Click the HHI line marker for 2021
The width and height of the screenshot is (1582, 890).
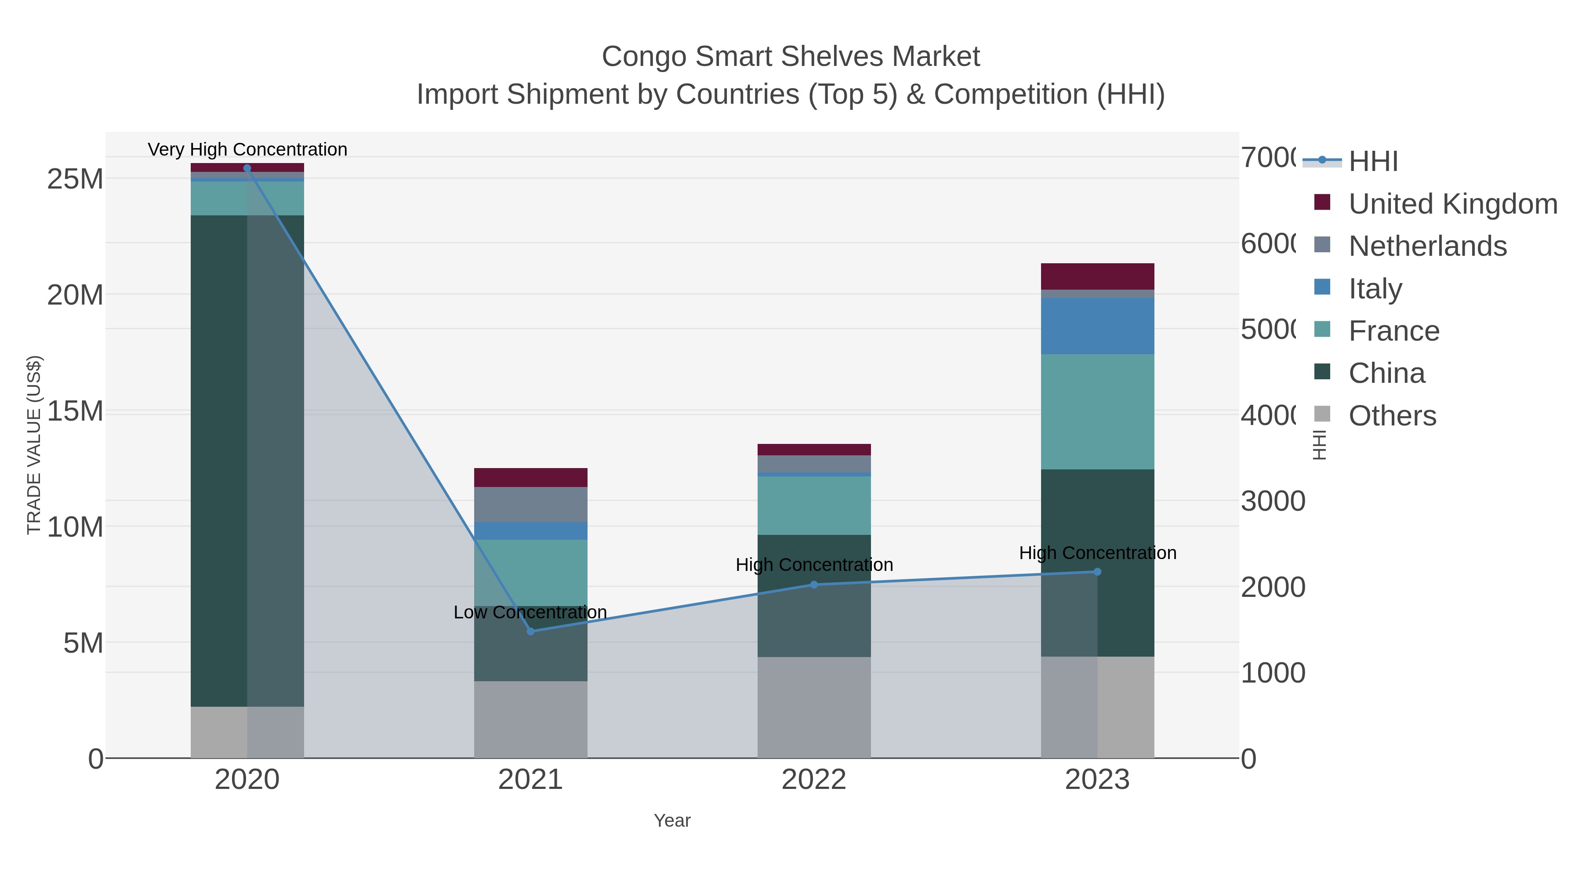point(530,632)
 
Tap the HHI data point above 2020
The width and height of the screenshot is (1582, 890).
point(247,168)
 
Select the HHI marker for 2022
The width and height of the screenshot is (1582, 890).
point(814,585)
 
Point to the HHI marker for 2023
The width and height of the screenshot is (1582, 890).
point(1097,572)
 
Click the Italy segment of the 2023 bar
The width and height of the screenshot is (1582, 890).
point(1097,326)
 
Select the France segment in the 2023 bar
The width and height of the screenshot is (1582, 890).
point(1097,411)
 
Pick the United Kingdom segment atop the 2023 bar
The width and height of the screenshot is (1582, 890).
point(1097,276)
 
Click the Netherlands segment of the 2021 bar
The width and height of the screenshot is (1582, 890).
point(530,504)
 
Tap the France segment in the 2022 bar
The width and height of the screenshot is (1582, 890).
point(814,505)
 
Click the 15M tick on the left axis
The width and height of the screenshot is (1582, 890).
point(75,411)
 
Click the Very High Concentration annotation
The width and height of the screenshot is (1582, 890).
point(247,149)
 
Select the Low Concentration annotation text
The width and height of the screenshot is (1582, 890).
point(530,612)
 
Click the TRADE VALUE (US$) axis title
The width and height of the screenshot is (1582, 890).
point(34,445)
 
